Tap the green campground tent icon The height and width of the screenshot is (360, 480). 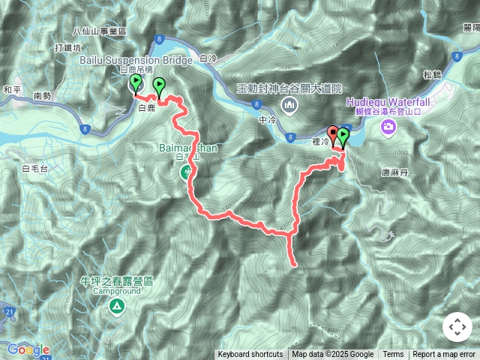[116, 306]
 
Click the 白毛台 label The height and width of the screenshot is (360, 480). [35, 169]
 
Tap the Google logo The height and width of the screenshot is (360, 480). [28, 349]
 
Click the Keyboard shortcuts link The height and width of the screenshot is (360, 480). [250, 355]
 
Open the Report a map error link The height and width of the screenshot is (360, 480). [444, 355]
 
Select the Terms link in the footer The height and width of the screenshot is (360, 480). [393, 355]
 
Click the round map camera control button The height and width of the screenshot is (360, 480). [457, 328]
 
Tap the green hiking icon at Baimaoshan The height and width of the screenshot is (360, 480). [186, 173]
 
